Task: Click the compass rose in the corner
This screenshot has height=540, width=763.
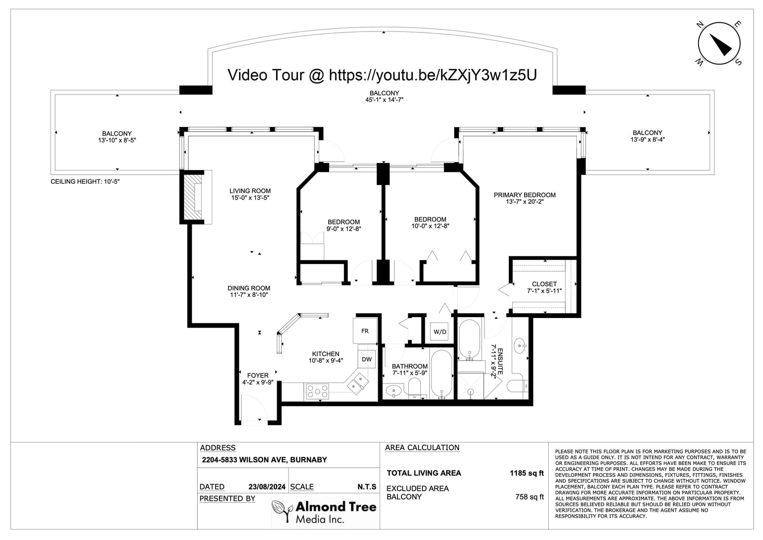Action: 719,43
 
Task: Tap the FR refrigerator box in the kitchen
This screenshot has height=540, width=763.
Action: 365,330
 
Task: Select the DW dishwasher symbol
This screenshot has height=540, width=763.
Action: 367,359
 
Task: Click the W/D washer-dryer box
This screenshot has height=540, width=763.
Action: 440,331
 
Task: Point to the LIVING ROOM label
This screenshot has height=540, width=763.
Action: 250,191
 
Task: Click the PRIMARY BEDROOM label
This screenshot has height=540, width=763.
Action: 525,195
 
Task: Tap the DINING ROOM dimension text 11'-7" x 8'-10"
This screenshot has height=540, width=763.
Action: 249,295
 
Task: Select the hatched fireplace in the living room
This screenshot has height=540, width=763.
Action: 193,197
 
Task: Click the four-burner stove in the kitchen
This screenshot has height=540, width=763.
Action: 318,391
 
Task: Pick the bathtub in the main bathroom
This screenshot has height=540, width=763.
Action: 442,374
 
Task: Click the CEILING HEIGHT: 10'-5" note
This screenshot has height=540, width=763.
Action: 85,181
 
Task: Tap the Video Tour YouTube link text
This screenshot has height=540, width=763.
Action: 382,75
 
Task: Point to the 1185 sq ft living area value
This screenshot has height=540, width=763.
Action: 526,473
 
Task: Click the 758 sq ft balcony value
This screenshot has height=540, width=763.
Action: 529,497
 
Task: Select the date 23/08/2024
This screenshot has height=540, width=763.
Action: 267,487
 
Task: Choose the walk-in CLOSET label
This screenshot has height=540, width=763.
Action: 544,284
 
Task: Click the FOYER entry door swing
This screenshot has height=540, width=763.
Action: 255,407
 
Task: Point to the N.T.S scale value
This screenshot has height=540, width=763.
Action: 367,487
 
